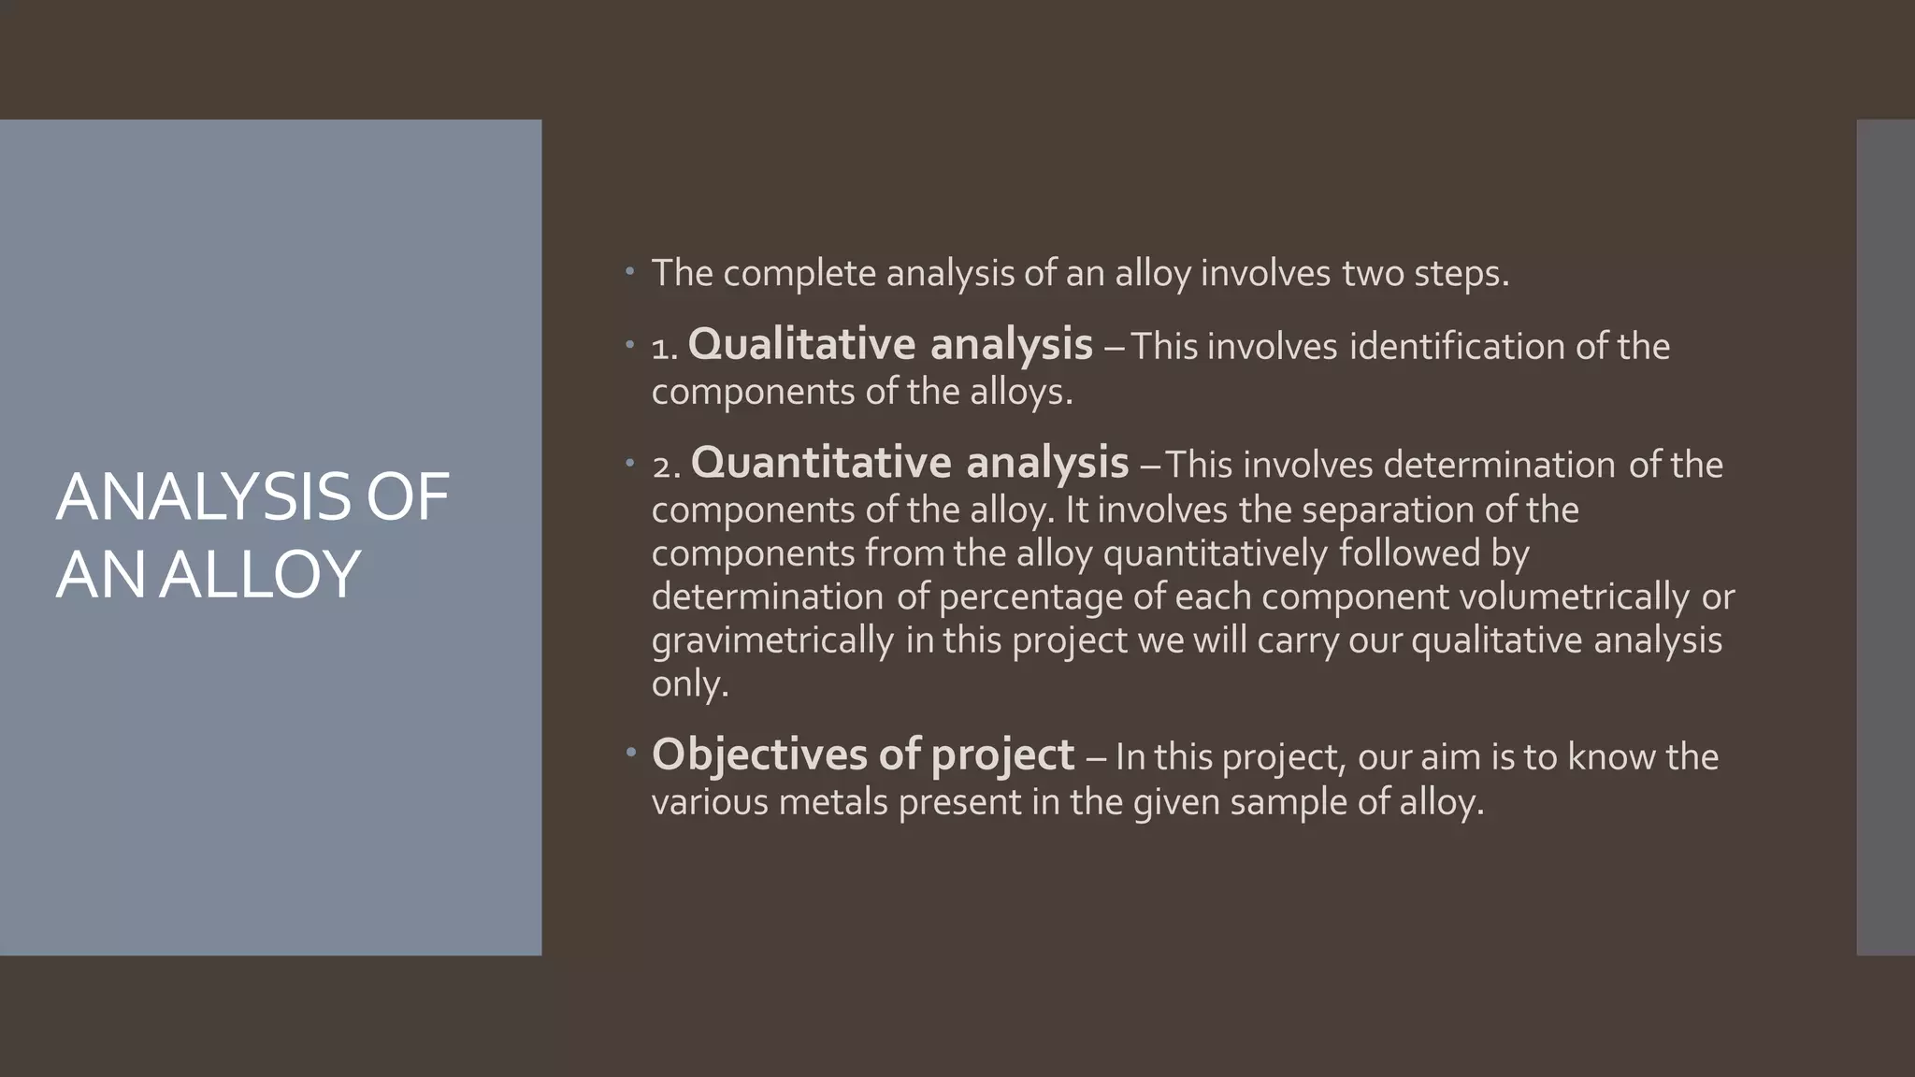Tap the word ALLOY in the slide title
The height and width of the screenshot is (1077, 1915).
[x=259, y=574]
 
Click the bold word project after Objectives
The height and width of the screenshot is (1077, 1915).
[x=1002, y=755]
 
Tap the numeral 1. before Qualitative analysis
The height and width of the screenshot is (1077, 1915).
[x=664, y=349]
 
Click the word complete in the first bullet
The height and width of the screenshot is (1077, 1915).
[x=799, y=274]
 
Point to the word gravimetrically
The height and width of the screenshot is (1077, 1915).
[x=772, y=640]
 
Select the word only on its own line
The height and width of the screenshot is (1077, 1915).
[x=688, y=683]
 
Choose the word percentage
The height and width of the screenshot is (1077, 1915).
[x=1029, y=596]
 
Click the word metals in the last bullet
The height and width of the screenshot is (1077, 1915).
[x=832, y=801]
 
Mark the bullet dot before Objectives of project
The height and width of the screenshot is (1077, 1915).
[x=630, y=751]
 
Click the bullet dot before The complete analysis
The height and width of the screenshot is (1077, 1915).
[x=630, y=272]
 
